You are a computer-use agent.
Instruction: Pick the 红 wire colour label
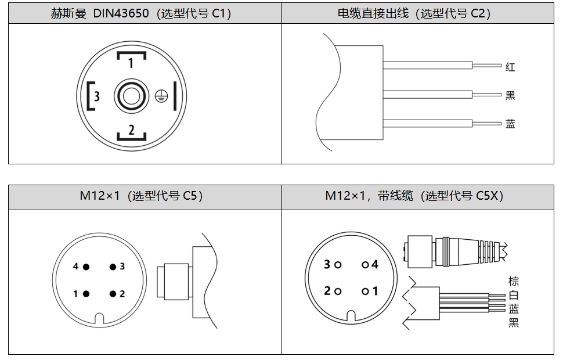click(x=510, y=67)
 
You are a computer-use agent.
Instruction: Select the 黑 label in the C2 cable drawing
click(x=510, y=95)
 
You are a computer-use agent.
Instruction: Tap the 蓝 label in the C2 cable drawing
click(x=510, y=124)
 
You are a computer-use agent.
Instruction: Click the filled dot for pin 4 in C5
click(x=86, y=267)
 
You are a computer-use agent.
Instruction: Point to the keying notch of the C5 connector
click(x=99, y=318)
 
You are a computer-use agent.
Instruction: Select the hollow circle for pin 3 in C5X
click(x=338, y=265)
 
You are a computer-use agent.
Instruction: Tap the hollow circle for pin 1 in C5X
click(x=365, y=291)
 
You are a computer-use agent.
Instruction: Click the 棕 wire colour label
click(x=514, y=282)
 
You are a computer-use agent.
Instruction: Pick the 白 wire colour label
click(x=514, y=295)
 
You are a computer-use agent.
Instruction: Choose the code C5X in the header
click(x=489, y=196)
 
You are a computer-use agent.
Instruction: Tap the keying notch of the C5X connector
click(x=351, y=316)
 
